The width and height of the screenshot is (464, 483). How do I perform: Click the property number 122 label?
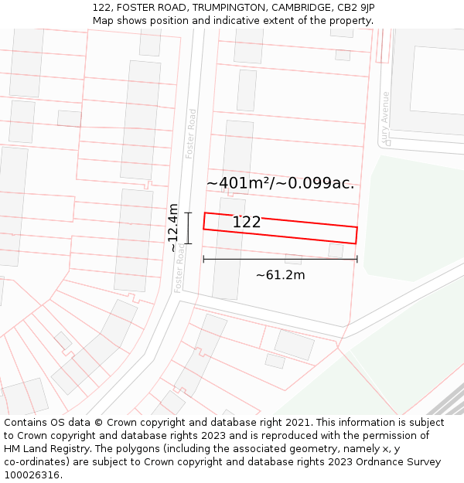(x=247, y=223)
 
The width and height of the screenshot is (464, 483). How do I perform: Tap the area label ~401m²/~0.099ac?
(x=280, y=183)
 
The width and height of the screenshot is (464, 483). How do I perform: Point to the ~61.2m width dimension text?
(x=280, y=275)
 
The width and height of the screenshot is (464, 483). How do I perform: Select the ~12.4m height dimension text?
(x=173, y=228)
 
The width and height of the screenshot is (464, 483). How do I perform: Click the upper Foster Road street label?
(x=191, y=134)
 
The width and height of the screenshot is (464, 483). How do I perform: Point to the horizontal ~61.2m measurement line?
(x=232, y=259)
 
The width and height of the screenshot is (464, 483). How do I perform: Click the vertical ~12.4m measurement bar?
(x=188, y=228)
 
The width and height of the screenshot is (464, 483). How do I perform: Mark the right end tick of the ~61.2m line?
(x=357, y=259)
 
